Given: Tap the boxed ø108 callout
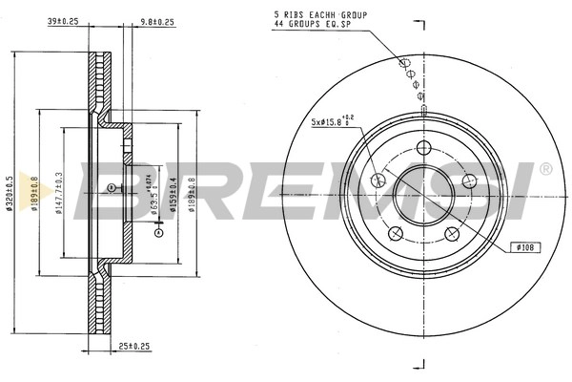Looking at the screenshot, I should point(525,246).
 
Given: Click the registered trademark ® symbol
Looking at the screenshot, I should point(544,169).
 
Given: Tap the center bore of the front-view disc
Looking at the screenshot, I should point(421,196).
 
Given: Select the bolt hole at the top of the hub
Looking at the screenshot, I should point(421,149).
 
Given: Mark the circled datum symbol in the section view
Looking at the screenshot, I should point(112,187).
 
